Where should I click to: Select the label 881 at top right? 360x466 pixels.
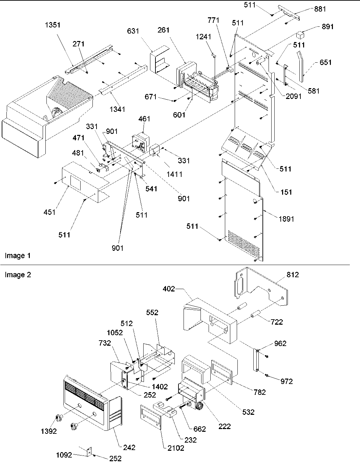click(320, 9)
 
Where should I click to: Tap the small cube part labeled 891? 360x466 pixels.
click(300, 35)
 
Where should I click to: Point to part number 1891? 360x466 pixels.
click(286, 219)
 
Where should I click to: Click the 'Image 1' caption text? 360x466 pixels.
click(18, 256)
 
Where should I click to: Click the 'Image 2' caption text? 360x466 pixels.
click(18, 275)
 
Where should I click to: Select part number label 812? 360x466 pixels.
click(293, 275)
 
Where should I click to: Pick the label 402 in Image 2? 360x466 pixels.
click(169, 289)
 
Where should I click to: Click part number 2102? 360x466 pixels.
click(175, 448)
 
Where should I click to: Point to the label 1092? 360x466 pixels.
click(64, 455)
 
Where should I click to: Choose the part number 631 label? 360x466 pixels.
click(133, 32)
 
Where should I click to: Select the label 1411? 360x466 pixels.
click(175, 174)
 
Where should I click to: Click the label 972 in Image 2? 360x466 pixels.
click(287, 381)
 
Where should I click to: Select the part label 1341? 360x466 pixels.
click(117, 109)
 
